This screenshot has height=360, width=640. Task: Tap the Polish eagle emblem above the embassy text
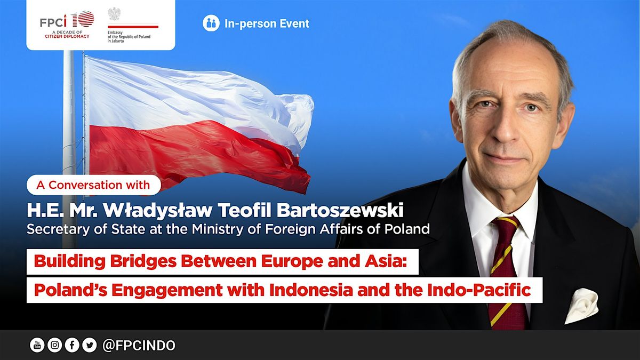coord(114,14)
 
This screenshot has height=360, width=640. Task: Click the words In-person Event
coord(267,23)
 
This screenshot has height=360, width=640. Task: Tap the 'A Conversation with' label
coord(93,185)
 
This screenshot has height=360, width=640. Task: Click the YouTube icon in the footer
coord(37,346)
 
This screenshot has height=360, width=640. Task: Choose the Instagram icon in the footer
coord(54,346)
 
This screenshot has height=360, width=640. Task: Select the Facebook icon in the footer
coord(72,346)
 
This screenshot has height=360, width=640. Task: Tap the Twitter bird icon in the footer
coord(89,346)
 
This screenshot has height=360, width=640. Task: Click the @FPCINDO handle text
coord(138,346)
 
